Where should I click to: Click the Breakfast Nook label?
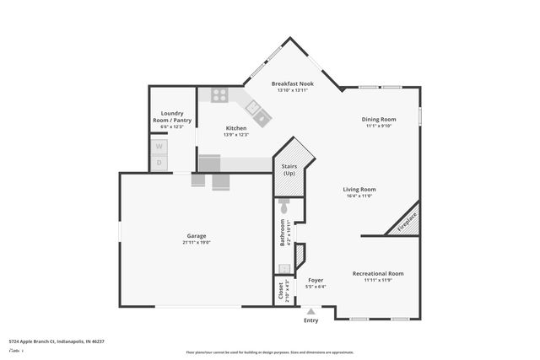(295, 83)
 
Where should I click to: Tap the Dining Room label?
(380, 120)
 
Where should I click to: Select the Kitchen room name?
(235, 128)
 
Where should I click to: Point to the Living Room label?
(359, 190)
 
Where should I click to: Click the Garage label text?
(196, 235)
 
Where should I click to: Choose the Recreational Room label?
(377, 273)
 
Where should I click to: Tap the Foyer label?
(316, 280)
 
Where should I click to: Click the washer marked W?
(158, 146)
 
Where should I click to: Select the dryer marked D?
(158, 163)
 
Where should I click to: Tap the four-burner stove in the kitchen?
(219, 95)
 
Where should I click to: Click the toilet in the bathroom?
(283, 205)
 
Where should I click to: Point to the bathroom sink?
(283, 268)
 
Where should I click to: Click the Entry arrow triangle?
(311, 311)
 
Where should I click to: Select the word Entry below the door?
(311, 320)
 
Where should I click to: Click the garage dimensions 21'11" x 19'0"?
(196, 243)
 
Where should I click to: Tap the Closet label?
(281, 290)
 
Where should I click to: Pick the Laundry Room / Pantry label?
(172, 117)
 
